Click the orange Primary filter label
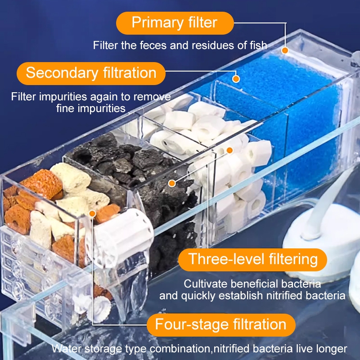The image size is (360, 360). point(175,23)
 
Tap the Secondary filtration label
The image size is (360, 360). point(91,73)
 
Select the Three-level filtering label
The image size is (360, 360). point(252,260)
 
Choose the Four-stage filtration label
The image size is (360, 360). point(221,324)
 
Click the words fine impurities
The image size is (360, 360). point(91,108)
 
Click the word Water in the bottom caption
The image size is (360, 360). point(67,349)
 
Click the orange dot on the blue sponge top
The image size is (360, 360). point(285,50)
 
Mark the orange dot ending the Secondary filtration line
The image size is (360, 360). point(236,79)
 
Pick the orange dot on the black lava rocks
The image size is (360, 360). point(172,183)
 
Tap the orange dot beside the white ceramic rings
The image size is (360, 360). point(229,150)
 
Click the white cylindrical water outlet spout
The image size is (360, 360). point(121,238)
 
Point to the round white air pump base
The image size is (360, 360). point(321,243)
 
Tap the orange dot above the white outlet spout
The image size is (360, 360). point(92,214)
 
